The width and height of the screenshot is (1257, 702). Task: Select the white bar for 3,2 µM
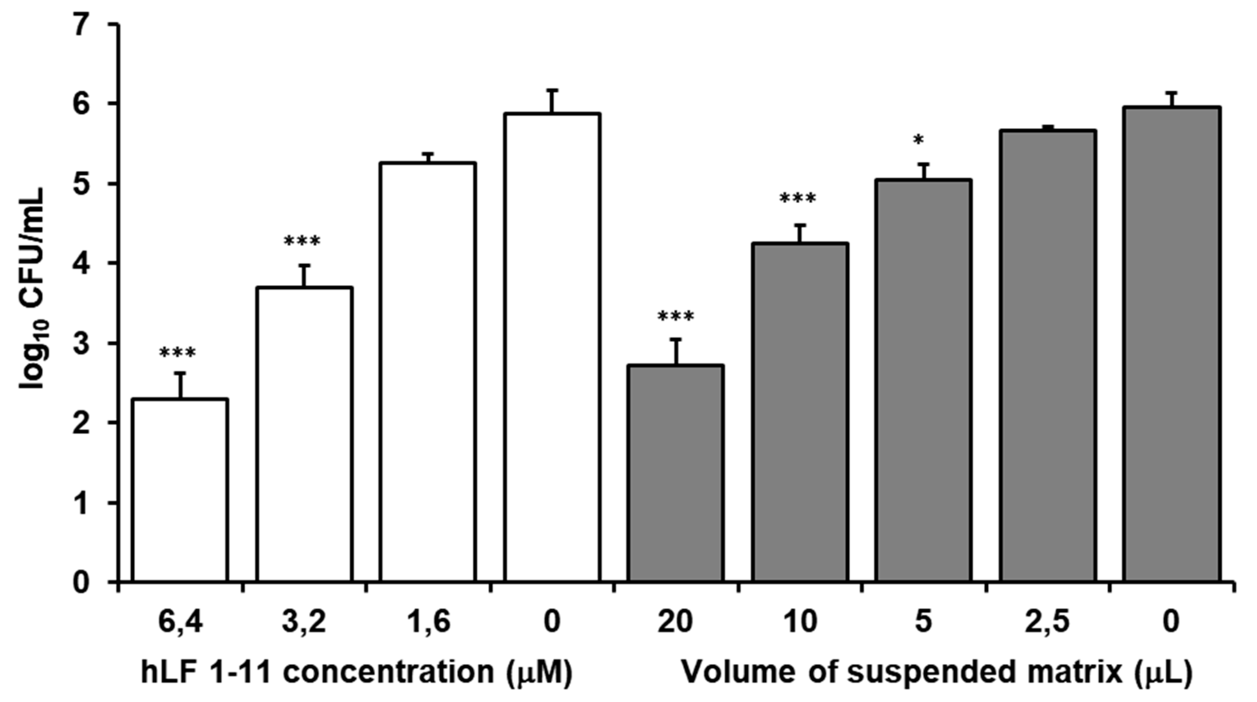click(304, 434)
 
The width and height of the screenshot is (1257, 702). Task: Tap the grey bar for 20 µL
click(676, 473)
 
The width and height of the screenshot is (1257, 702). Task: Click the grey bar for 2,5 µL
click(1048, 356)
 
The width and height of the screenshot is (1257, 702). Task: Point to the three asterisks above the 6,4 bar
click(177, 353)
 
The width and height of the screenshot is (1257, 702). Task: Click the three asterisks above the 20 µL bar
click(676, 318)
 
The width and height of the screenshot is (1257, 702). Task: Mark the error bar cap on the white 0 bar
click(552, 90)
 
